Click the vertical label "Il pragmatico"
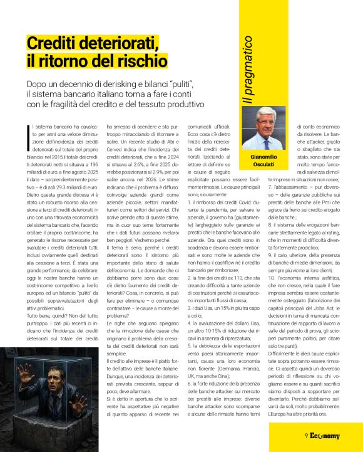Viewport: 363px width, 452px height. tap(248, 70)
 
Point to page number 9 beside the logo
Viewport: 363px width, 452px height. tap(305, 436)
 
